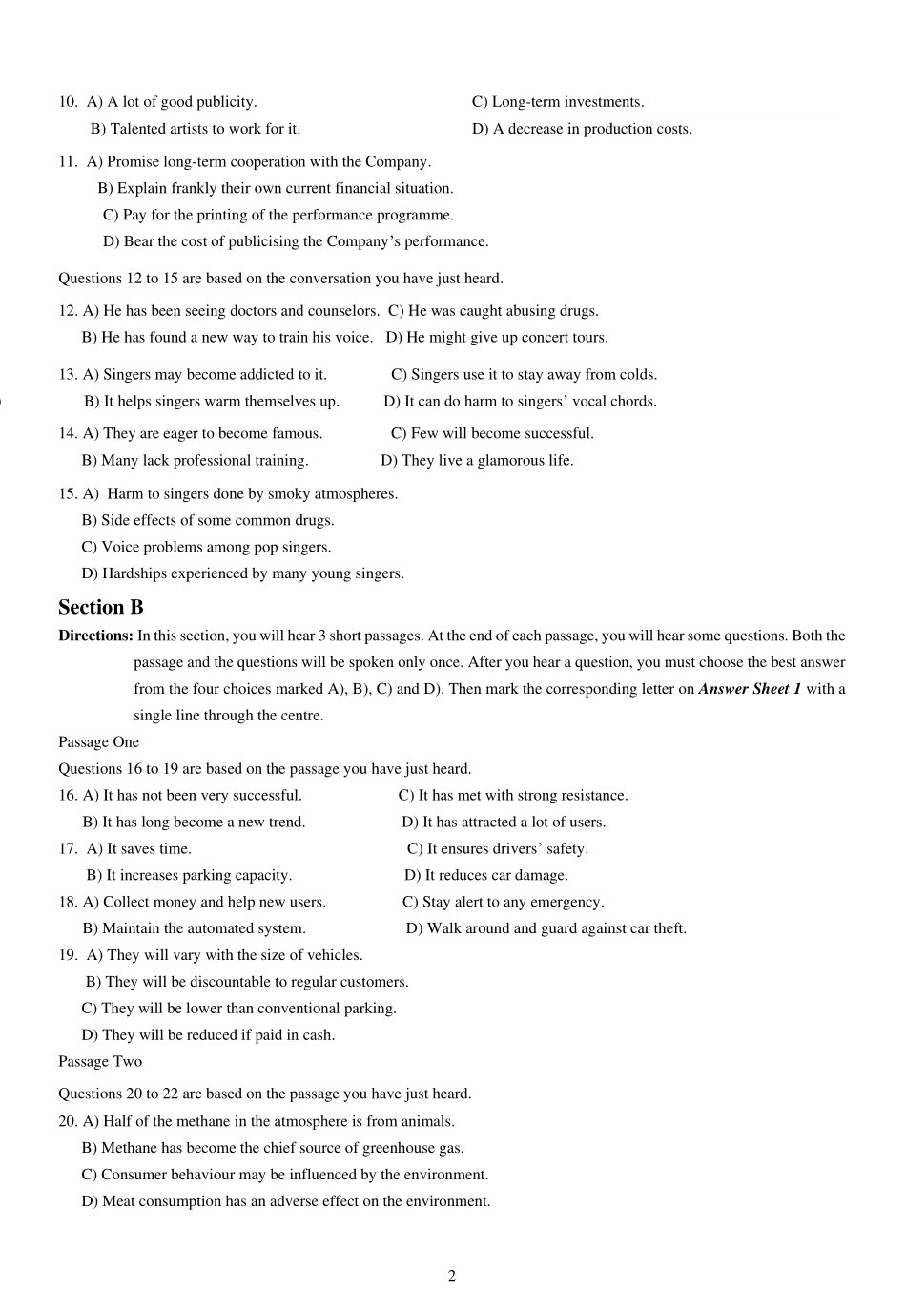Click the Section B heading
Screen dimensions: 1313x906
coord(100,608)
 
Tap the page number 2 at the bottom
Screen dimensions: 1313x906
coord(452,1277)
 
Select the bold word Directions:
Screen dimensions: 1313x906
coord(95,636)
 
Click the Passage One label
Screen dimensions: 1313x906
coord(98,742)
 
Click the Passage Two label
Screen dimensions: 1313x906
coord(99,1062)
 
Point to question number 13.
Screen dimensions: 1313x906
coord(68,375)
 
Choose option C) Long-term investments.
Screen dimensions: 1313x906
coord(558,102)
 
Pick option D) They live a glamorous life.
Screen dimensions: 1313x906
coord(477,461)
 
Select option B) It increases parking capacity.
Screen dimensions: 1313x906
coord(189,876)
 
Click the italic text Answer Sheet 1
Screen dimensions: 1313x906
coord(750,689)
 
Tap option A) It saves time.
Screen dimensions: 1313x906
coord(139,849)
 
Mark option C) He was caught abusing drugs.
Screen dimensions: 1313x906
coord(493,311)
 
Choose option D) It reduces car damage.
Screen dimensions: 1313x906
coord(485,876)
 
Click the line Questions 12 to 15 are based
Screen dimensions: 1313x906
coord(280,279)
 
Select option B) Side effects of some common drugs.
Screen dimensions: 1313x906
coord(208,521)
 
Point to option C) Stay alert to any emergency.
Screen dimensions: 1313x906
coord(503,903)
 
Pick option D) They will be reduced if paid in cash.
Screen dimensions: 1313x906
coord(208,1035)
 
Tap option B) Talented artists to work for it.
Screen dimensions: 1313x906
coord(196,129)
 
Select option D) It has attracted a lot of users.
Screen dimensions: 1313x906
coord(504,823)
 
